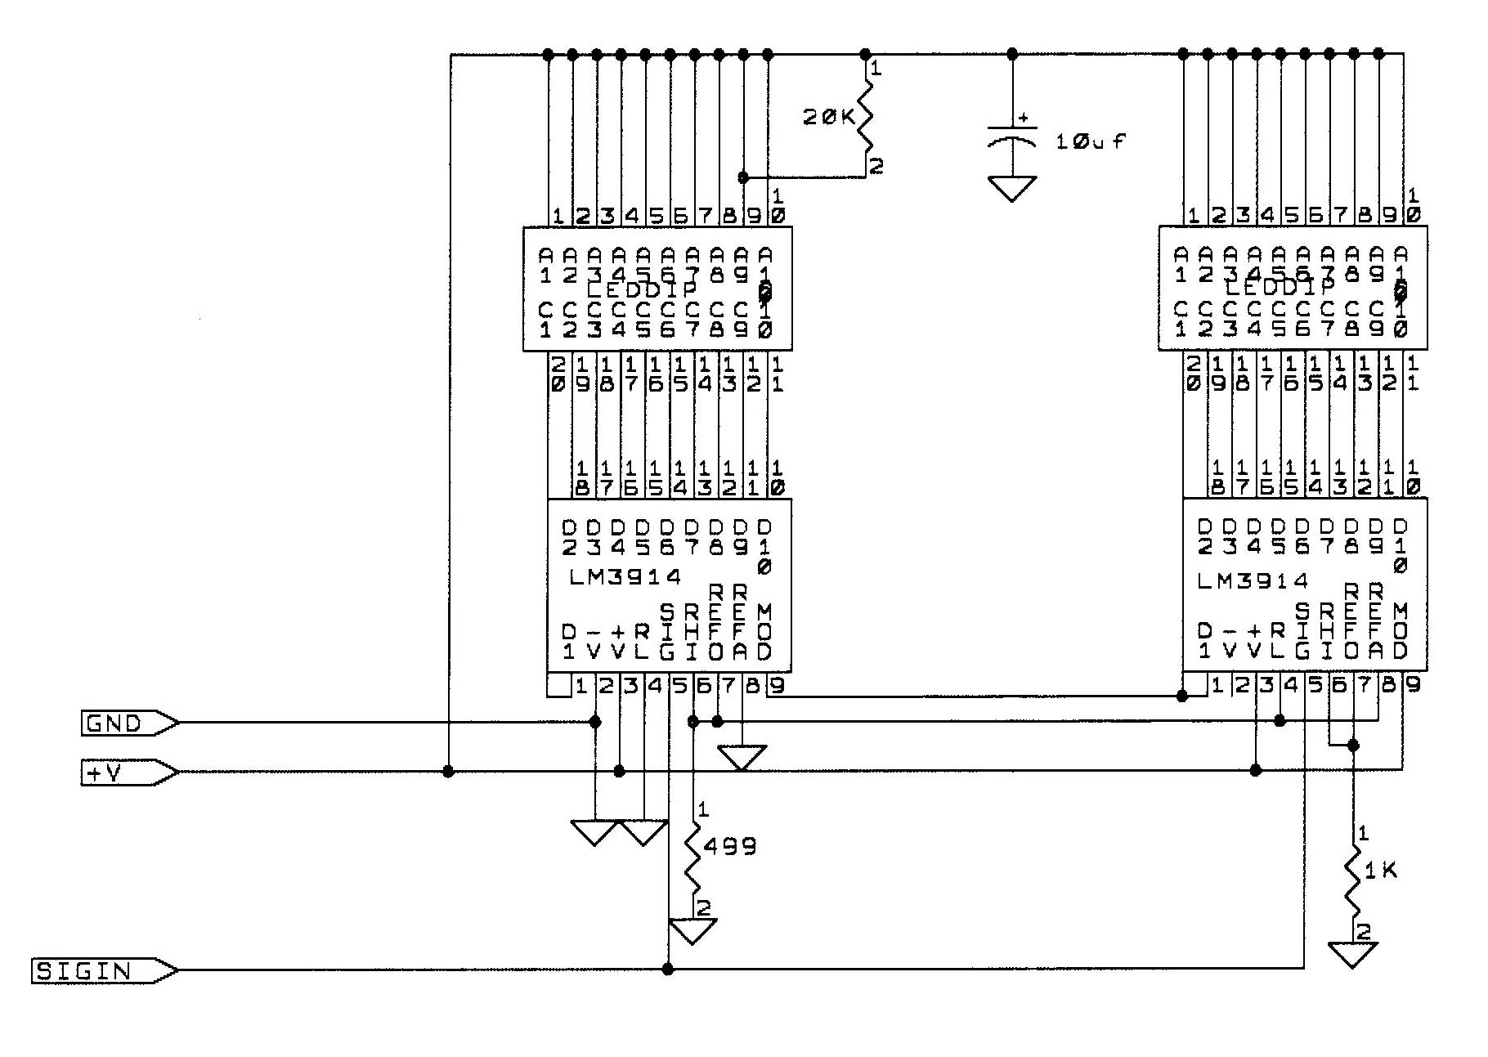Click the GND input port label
(114, 723)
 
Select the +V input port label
(105, 773)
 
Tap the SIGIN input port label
(84, 971)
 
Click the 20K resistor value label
(827, 118)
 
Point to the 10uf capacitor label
(1090, 141)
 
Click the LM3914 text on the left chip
(625, 577)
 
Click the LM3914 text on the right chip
(1253, 581)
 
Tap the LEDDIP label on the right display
(1280, 288)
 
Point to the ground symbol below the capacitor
(1012, 189)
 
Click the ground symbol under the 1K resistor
(1353, 954)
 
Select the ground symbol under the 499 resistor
(693, 930)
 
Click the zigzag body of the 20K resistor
(865, 119)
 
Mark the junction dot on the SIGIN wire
(668, 970)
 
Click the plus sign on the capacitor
(1022, 119)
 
